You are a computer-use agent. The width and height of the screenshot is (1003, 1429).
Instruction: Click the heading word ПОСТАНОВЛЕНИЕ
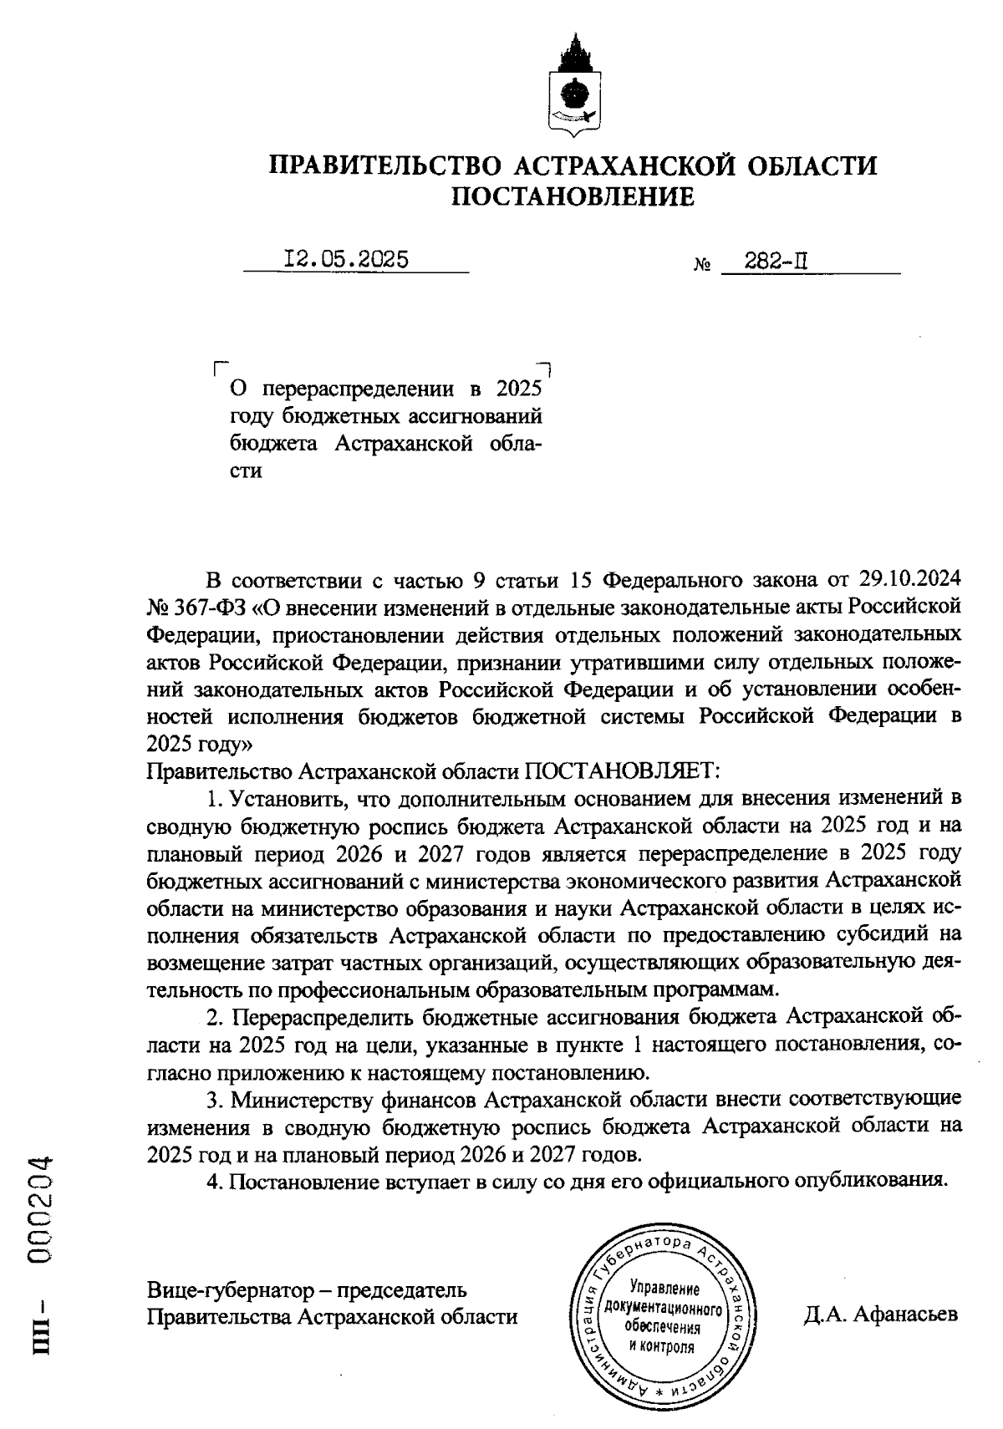tap(573, 197)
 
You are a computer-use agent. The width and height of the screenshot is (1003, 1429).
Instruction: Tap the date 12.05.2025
tap(346, 260)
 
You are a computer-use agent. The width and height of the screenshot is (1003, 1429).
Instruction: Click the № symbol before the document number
tap(702, 266)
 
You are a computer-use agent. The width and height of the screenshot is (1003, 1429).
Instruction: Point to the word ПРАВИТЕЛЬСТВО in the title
tap(384, 165)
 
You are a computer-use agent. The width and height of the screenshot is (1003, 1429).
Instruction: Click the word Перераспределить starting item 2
tap(321, 1017)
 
